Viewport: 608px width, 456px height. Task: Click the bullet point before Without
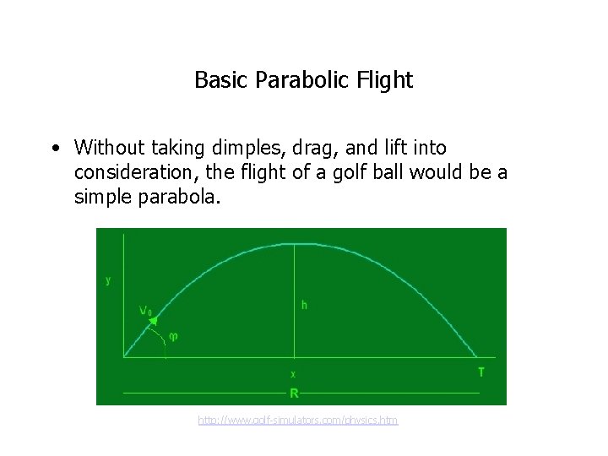coord(54,149)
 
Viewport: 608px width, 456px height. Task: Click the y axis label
coord(108,281)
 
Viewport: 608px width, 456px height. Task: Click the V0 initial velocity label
coord(145,310)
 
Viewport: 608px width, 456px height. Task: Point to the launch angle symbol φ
coord(173,336)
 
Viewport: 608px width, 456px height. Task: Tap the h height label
coord(304,305)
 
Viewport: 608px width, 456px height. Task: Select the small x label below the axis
coord(293,373)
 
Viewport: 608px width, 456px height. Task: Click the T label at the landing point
coord(481,372)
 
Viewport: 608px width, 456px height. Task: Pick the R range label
coord(294,394)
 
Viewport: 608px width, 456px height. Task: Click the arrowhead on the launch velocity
coord(155,317)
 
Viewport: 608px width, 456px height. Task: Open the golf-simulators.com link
coord(298,420)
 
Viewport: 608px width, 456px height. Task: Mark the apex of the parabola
coord(293,244)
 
